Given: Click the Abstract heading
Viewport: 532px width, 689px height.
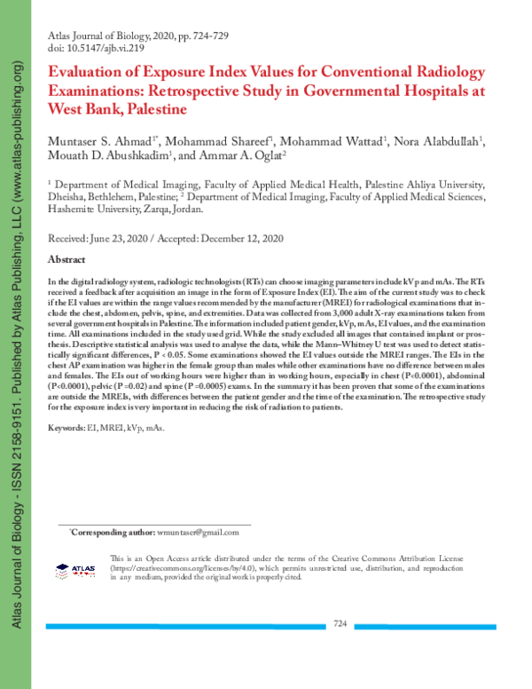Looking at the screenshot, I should [x=66, y=259].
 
